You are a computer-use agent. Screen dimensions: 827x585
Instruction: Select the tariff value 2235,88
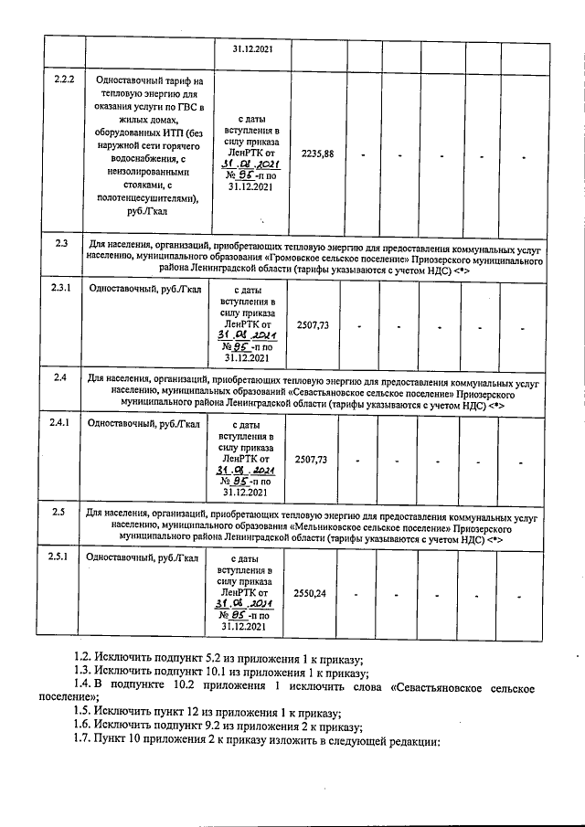click(x=318, y=154)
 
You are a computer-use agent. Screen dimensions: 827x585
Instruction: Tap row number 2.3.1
click(x=59, y=290)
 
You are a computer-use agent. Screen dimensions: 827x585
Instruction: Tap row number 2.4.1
click(x=59, y=423)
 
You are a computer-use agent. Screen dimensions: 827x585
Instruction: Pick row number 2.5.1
click(x=59, y=557)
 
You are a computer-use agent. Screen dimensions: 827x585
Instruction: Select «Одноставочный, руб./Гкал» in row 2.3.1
click(x=143, y=290)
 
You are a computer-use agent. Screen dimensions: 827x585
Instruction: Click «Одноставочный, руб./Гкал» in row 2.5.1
click(x=142, y=557)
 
